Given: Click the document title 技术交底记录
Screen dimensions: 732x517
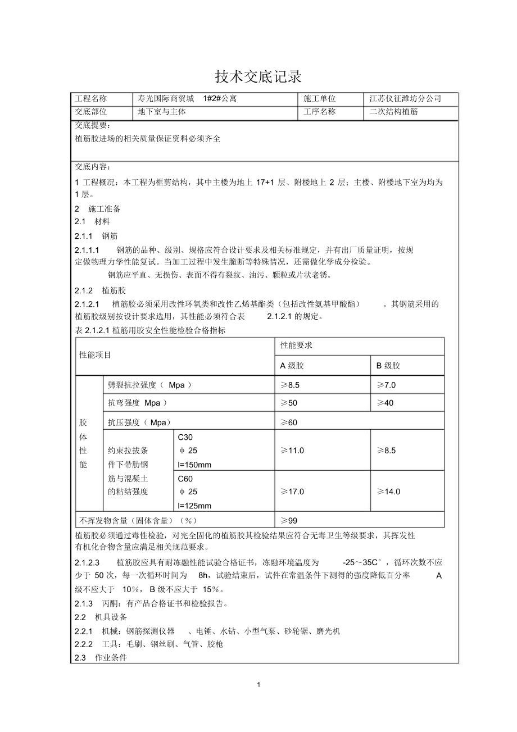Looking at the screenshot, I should pyautogui.click(x=258, y=76).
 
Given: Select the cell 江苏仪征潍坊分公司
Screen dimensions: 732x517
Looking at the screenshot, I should pyautogui.click(x=405, y=98).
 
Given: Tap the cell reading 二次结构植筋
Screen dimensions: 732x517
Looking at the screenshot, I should pyautogui.click(x=393, y=111).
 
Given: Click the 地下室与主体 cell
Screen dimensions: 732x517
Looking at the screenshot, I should pyautogui.click(x=162, y=111).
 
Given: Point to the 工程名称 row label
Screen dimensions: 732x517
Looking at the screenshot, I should pyautogui.click(x=91, y=98).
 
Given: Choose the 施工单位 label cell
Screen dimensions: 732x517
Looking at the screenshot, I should pyautogui.click(x=319, y=98).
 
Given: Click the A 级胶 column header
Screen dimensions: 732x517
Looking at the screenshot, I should pyautogui.click(x=292, y=365).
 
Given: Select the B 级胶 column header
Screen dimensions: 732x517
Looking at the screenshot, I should pyautogui.click(x=388, y=365).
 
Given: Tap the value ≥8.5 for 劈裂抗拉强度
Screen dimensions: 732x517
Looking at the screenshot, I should pyautogui.click(x=291, y=385).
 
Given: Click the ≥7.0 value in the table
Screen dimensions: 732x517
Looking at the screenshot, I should pyautogui.click(x=387, y=385).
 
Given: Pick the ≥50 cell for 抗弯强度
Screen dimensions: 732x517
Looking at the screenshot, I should pyautogui.click(x=289, y=403).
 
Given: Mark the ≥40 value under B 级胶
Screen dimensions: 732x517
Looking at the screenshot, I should pyautogui.click(x=385, y=403).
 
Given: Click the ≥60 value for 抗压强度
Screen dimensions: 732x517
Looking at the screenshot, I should pyautogui.click(x=289, y=422).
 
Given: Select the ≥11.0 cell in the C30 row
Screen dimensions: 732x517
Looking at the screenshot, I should pyautogui.click(x=292, y=451).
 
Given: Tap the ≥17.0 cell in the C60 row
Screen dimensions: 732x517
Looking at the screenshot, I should pyautogui.click(x=292, y=492).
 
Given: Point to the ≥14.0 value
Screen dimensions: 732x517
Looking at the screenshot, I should pyautogui.click(x=389, y=492).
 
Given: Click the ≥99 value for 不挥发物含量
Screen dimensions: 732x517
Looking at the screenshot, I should pyautogui.click(x=289, y=520).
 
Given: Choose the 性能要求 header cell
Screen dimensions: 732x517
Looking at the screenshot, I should pyautogui.click(x=296, y=345).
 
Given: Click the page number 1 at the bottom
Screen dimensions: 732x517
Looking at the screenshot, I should pyautogui.click(x=258, y=684).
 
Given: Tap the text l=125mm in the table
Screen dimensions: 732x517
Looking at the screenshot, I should pyautogui.click(x=194, y=505).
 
